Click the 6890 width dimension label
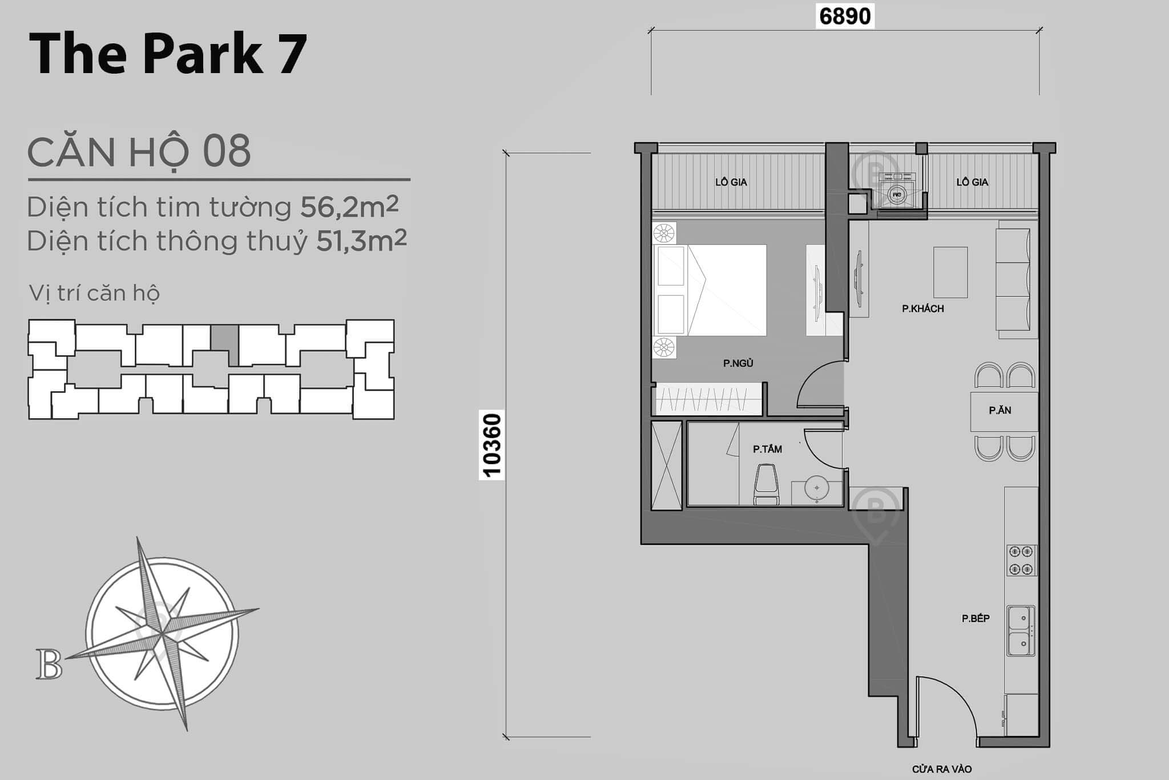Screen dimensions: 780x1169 tap(845, 16)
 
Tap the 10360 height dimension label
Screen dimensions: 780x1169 tap(491, 445)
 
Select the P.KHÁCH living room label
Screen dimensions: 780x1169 tap(922, 309)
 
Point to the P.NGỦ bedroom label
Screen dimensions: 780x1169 tap(738, 363)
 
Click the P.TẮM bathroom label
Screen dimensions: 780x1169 tap(767, 449)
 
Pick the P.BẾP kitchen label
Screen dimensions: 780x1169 tap(975, 618)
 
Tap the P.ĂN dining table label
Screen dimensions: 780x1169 tap(1000, 410)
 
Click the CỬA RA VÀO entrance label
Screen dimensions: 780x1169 tap(941, 769)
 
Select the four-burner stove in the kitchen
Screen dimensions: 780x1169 tap(1021, 560)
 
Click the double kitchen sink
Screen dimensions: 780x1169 tap(1021, 630)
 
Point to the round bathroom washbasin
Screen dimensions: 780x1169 tap(817, 488)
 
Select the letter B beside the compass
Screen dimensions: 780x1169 tap(49, 664)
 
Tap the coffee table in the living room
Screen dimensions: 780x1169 tap(950, 272)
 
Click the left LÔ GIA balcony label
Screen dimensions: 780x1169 tap(731, 182)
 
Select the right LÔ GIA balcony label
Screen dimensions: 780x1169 tap(972, 182)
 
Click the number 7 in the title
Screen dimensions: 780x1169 tap(292, 54)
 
